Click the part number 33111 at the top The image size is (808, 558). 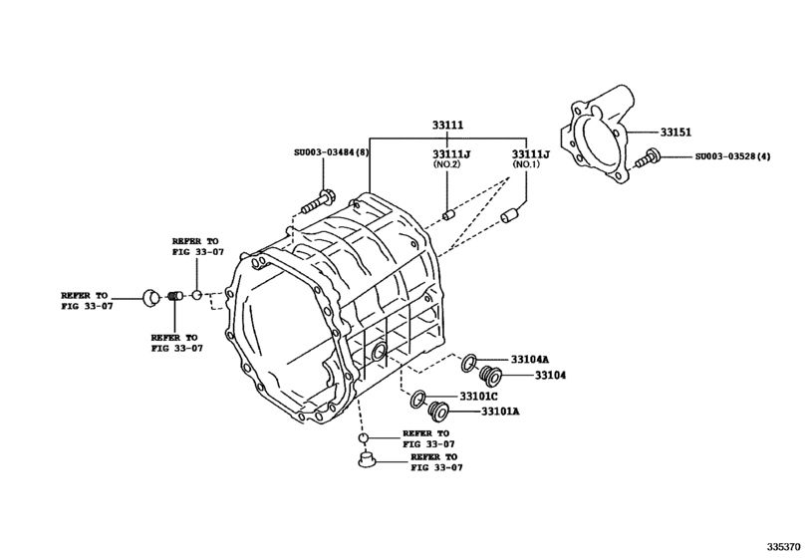click(x=447, y=126)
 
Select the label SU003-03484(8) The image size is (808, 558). click(x=332, y=152)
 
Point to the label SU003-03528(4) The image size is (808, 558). click(x=733, y=156)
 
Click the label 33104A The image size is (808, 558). click(x=530, y=359)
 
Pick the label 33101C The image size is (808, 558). click(x=477, y=397)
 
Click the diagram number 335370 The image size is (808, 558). click(x=784, y=546)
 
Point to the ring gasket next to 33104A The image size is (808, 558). click(x=468, y=363)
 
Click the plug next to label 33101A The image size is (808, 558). click(x=436, y=411)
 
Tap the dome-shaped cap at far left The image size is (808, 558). click(x=149, y=295)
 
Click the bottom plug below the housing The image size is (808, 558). click(x=366, y=459)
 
